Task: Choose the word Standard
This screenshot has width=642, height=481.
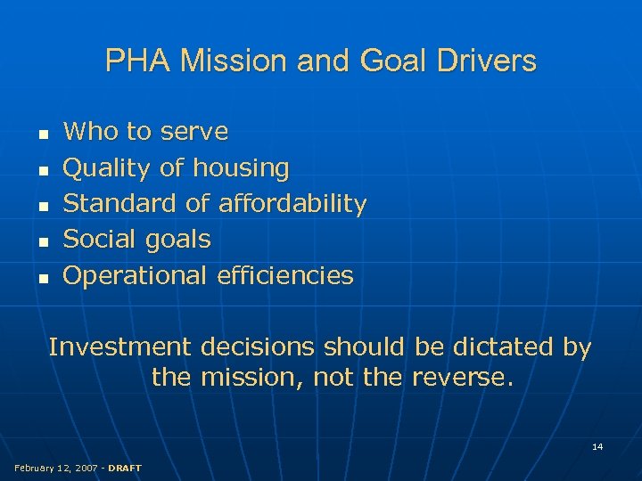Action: click(121, 204)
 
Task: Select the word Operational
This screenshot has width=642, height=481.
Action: click(136, 275)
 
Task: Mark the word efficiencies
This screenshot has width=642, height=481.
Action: click(285, 275)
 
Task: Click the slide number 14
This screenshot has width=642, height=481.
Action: click(597, 446)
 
